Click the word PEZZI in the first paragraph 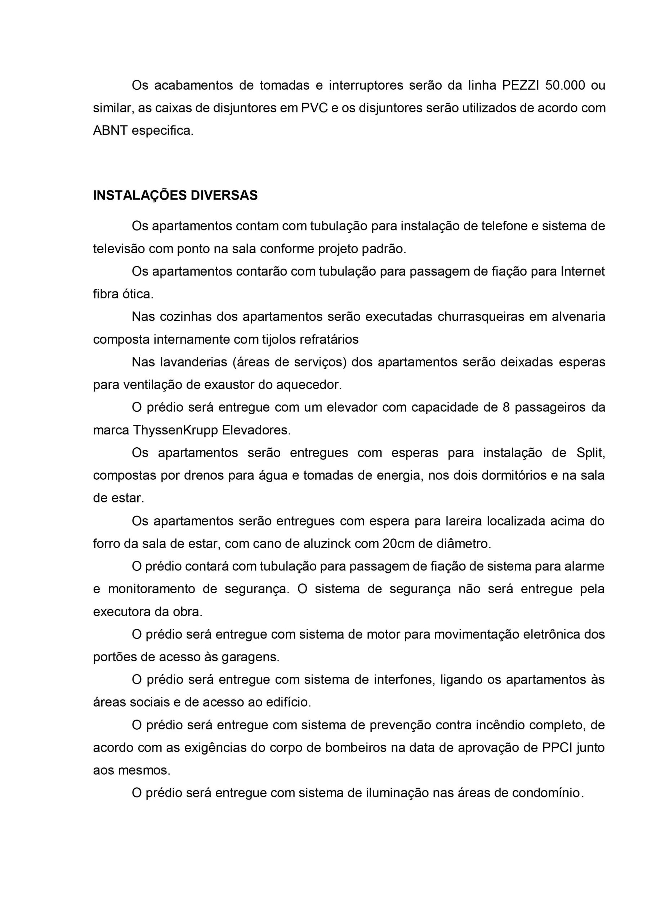coord(520,85)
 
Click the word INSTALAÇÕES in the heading coord(139,195)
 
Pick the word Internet coord(582,272)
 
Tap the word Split coord(590,453)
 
